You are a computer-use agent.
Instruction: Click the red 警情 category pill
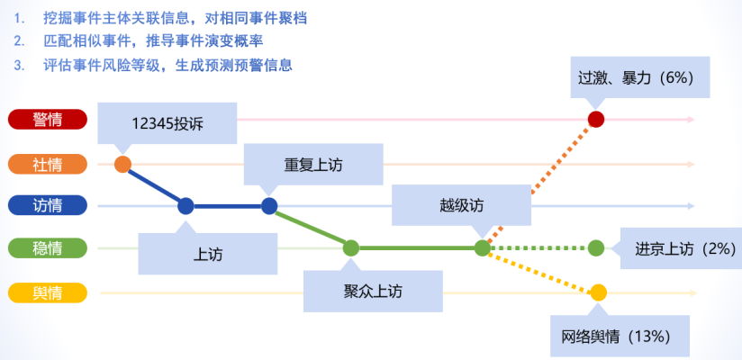point(47,120)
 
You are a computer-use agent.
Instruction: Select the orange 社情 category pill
point(47,164)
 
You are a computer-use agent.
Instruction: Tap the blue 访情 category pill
point(47,205)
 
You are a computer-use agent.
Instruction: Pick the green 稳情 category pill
point(47,247)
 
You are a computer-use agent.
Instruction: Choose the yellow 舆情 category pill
point(47,292)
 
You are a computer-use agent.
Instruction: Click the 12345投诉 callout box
point(167,123)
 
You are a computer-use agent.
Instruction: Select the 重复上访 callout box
point(312,166)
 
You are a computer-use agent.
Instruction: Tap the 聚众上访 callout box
point(373,291)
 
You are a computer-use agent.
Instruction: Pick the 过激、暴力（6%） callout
point(637,77)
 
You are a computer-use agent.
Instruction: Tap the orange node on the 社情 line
point(123,164)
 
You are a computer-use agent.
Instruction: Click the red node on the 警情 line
point(595,120)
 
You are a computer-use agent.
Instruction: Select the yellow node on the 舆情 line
point(598,292)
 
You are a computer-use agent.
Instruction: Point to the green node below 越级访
point(483,247)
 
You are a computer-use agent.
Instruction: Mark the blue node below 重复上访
point(269,205)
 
